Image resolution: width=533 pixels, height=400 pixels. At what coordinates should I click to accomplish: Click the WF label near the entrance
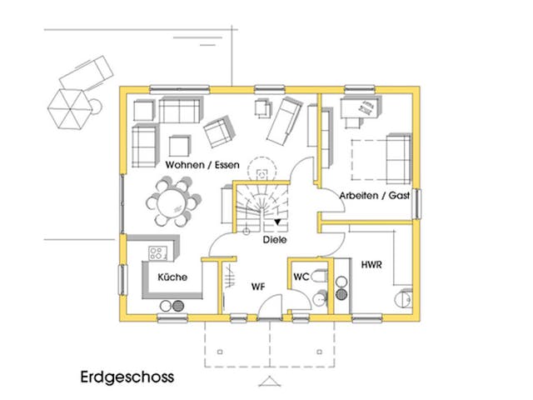(x=258, y=286)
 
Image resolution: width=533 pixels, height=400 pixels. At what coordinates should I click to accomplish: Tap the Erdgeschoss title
(x=127, y=376)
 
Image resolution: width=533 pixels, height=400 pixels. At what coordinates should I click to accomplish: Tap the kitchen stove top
(x=157, y=252)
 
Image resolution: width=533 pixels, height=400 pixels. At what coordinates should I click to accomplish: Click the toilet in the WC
(x=319, y=299)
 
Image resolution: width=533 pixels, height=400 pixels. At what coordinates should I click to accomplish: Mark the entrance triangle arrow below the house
(x=268, y=382)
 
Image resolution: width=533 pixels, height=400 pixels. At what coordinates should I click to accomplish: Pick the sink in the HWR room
(x=405, y=297)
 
